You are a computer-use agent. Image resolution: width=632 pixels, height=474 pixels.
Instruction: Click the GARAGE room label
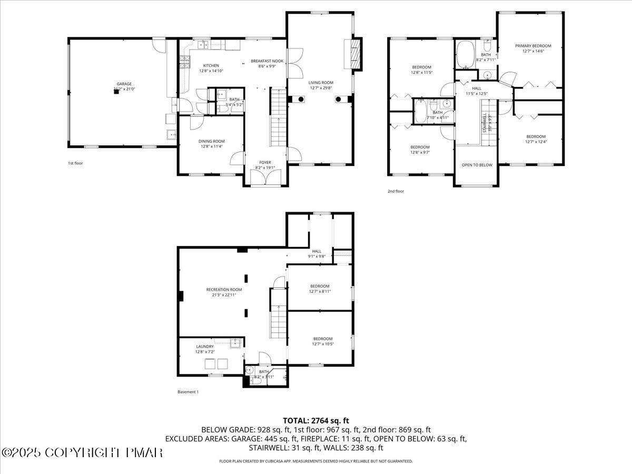(124, 84)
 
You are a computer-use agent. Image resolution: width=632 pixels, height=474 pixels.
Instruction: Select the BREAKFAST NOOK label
(267, 61)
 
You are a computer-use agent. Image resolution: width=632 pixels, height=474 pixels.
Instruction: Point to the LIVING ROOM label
(321, 83)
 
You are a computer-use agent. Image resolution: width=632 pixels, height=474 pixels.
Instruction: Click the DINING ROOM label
(211, 141)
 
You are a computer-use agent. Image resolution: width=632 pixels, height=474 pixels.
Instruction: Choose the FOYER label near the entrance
(265, 162)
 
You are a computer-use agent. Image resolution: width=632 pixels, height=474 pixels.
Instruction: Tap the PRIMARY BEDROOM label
(533, 46)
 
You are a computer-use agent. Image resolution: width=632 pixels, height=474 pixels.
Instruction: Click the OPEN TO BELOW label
(477, 165)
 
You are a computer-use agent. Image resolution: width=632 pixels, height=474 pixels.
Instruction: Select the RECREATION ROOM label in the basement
(224, 290)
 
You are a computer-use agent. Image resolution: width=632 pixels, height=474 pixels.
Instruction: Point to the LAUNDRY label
(204, 347)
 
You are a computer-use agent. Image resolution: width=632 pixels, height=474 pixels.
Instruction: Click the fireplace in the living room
(356, 54)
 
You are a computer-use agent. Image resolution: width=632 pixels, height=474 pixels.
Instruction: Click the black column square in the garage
(116, 91)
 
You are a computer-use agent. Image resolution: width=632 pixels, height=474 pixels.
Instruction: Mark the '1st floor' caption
(75, 163)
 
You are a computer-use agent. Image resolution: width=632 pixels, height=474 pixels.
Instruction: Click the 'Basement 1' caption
(188, 392)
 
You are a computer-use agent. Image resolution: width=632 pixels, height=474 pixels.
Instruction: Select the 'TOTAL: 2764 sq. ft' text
(316, 420)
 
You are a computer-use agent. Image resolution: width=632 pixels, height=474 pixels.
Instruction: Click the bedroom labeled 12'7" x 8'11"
(319, 288)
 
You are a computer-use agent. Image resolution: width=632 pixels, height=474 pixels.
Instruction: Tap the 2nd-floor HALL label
(477, 88)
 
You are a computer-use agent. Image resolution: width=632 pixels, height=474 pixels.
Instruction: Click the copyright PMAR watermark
(82, 452)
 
